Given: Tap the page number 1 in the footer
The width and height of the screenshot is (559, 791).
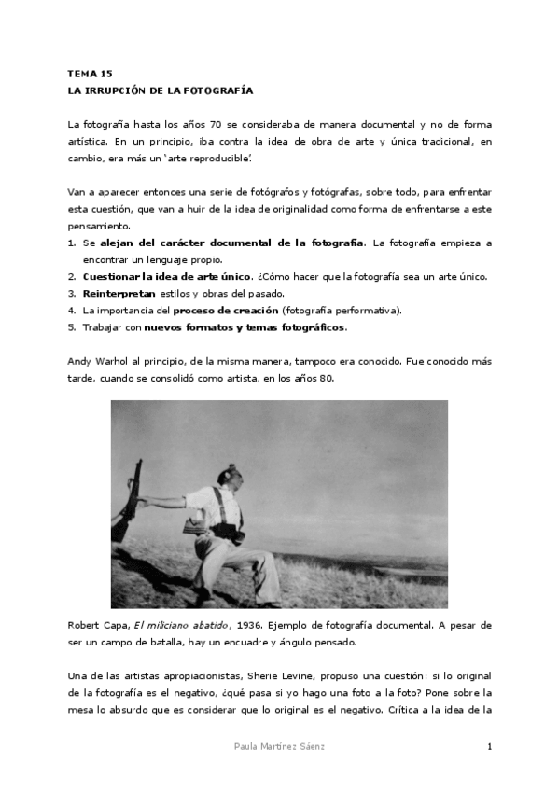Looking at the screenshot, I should (x=489, y=747).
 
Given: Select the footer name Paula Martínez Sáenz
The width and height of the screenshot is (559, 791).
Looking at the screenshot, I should (x=279, y=747).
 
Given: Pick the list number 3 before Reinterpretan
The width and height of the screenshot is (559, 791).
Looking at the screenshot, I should (x=71, y=294).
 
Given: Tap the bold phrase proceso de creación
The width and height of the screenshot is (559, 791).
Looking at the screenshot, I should (x=225, y=311).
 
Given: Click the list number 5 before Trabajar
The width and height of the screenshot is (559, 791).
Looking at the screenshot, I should (x=71, y=327).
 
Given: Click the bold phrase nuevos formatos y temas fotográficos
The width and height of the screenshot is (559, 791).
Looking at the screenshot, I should (x=245, y=327).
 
